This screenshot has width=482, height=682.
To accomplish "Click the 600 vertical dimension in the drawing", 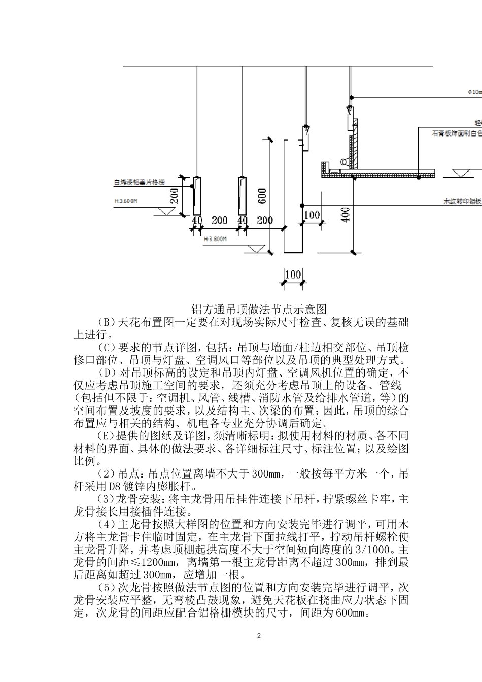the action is (262, 196).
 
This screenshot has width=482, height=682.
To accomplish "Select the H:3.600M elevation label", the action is (126, 201).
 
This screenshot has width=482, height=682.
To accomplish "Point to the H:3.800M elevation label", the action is (215, 237).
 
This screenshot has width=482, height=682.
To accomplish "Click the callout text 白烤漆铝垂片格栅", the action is (139, 181).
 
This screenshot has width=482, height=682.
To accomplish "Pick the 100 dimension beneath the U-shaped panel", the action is (293, 275).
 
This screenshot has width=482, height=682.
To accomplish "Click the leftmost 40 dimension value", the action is (197, 221).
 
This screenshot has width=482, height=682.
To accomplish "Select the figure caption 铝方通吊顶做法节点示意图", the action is (258, 309).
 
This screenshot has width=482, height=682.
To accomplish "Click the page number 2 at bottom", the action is (259, 636).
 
